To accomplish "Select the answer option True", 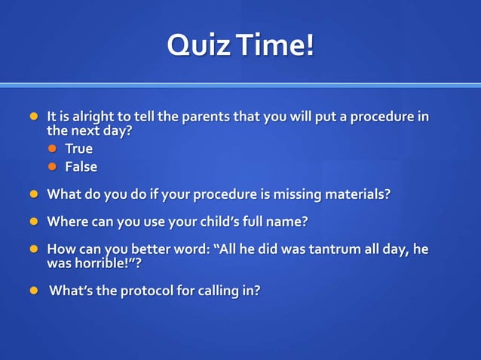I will (x=78, y=148).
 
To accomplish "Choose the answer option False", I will (x=81, y=166).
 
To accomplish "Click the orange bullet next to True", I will (x=53, y=148).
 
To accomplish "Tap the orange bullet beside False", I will (x=53, y=166).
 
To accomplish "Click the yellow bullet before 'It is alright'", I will (x=33, y=117).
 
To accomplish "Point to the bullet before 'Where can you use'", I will (x=33, y=221).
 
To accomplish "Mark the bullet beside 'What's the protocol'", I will (x=33, y=291).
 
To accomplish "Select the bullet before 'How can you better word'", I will (x=33, y=249).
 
